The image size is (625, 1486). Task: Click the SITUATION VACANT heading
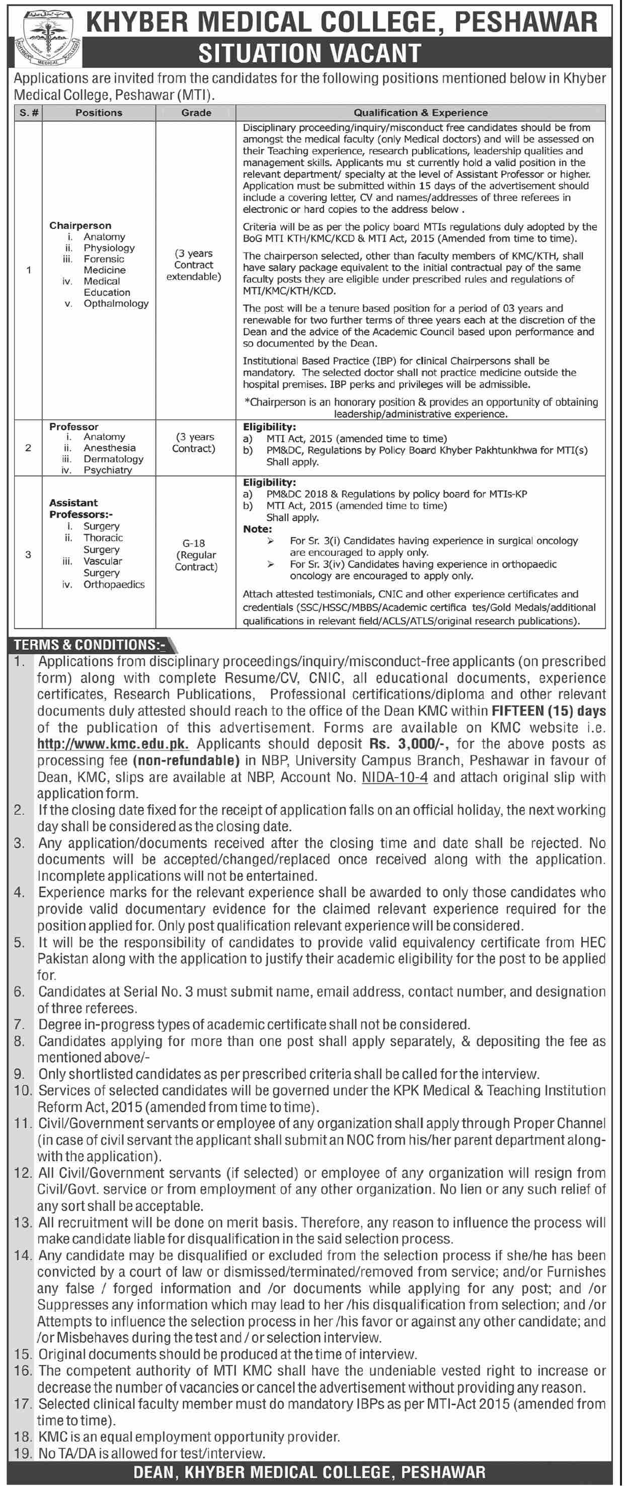[309, 54]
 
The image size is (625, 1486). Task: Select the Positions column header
[99, 113]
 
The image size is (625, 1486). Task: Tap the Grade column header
[196, 113]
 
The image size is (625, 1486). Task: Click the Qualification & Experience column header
[420, 113]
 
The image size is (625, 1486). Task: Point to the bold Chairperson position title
[80, 225]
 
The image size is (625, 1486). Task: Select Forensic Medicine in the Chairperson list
[105, 265]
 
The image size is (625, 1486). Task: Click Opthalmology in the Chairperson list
[116, 303]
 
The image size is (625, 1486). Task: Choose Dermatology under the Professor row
[113, 459]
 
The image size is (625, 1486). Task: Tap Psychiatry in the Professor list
[107, 470]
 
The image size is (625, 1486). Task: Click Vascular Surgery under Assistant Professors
[103, 567]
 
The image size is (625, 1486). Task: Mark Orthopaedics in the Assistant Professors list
[114, 585]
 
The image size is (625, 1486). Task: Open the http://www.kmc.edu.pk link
[113, 744]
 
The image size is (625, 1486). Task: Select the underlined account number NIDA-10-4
[395, 777]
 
